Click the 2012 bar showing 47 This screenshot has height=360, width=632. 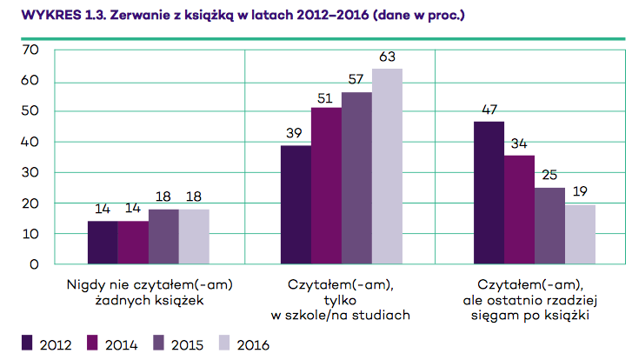(489, 192)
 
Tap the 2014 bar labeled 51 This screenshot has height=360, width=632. (326, 184)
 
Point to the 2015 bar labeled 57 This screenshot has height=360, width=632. (356, 177)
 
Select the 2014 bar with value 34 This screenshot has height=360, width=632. (519, 209)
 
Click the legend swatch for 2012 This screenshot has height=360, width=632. (27, 341)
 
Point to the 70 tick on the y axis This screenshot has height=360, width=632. (30, 50)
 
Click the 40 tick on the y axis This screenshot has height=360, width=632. (30, 142)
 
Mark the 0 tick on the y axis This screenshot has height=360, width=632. (35, 263)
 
